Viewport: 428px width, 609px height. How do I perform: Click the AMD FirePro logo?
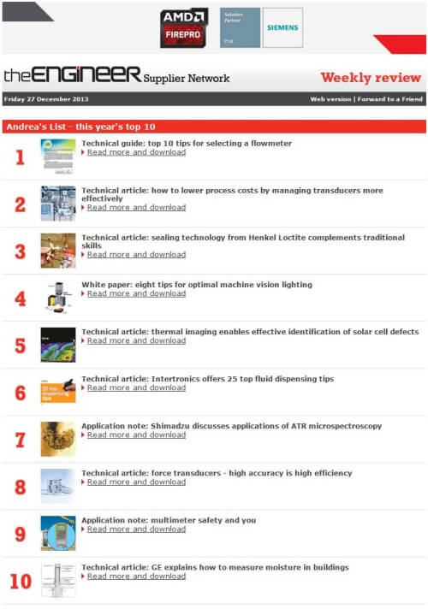(184, 28)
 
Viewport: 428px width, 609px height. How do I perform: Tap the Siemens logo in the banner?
(282, 27)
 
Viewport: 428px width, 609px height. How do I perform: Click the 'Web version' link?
(330, 99)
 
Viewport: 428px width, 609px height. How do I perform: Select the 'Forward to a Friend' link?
(389, 99)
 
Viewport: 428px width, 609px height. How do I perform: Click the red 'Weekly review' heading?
(371, 78)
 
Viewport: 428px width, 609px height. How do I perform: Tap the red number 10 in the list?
(21, 582)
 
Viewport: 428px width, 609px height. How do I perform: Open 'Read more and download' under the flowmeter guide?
(136, 152)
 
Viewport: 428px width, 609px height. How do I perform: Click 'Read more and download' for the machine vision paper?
(136, 293)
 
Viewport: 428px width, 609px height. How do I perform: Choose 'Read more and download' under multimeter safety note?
(136, 529)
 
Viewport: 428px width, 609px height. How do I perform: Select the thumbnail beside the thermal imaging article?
(58, 345)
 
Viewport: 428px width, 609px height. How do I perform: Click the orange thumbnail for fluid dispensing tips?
(58, 392)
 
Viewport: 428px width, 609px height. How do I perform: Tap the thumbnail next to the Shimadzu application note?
(58, 439)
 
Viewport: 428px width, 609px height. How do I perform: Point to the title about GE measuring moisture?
(215, 567)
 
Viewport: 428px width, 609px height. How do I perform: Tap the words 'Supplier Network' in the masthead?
(187, 79)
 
